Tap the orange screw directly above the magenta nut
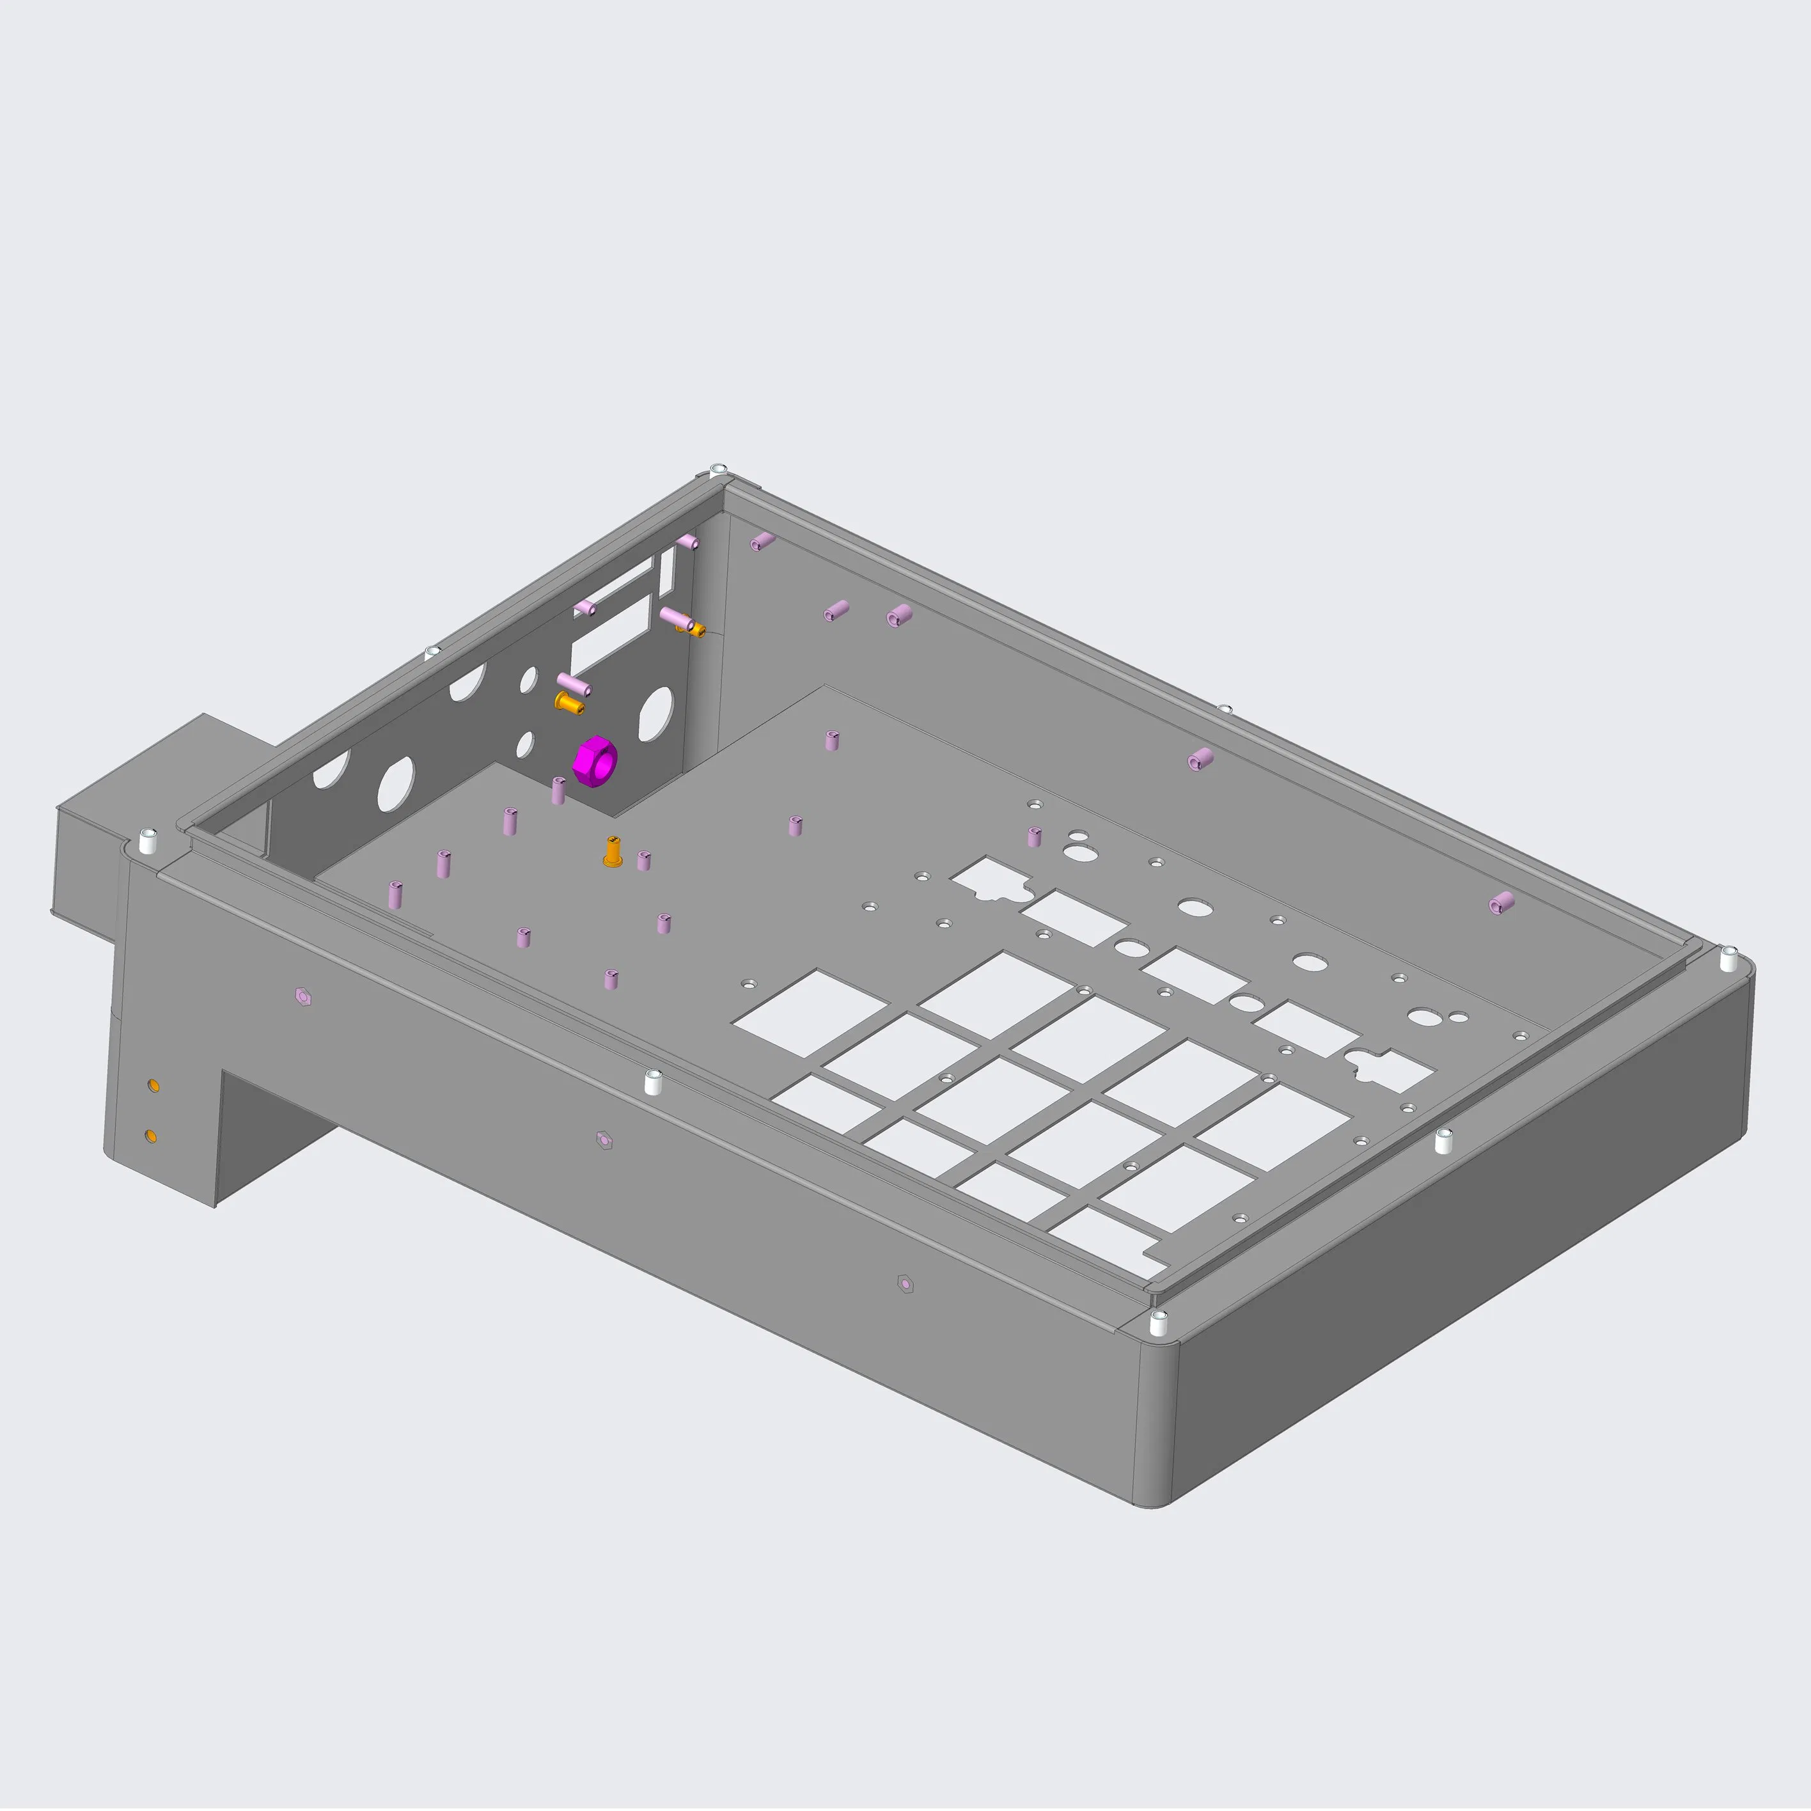click(568, 703)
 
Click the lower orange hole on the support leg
click(151, 1136)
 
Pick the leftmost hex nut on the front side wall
click(302, 996)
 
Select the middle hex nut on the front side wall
click(604, 1140)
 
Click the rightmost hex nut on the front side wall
click(905, 1283)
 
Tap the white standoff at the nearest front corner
click(1159, 1324)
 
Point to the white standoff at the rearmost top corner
click(718, 469)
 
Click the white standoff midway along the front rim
click(654, 1082)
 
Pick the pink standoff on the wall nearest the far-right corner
click(1501, 904)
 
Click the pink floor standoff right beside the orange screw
click(643, 861)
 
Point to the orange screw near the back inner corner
click(694, 626)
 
